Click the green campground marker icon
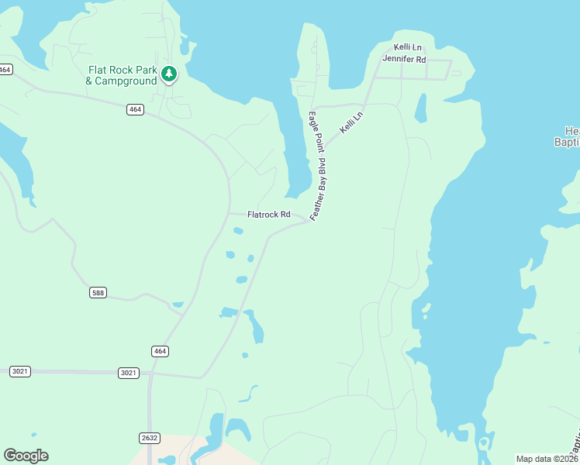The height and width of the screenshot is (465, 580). coord(169,74)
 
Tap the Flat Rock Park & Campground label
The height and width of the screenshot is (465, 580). coord(122,75)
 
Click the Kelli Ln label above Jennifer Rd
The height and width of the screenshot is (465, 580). coord(406,47)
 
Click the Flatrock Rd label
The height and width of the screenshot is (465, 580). coord(268,215)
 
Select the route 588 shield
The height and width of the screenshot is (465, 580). coord(98,292)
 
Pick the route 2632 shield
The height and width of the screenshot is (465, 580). coord(150,438)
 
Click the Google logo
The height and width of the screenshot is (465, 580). coord(26,456)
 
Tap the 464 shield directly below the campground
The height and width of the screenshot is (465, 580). coord(135,109)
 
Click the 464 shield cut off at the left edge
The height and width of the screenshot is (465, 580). coord(5,70)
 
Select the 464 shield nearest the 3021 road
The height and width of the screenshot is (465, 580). coord(161,351)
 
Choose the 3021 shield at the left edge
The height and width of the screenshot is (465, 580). coord(20,372)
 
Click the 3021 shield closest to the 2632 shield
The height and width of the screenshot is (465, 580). coord(129,373)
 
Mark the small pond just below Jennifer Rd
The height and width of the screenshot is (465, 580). coord(420,108)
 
